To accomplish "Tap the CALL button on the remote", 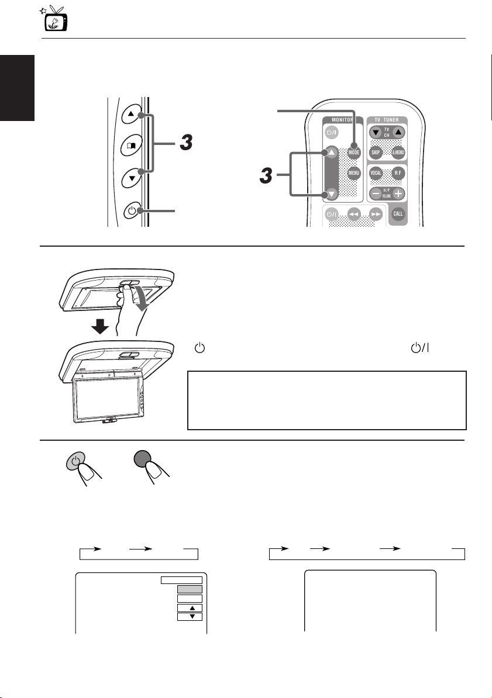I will pos(401,213).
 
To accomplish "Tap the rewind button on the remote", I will pos(353,215).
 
